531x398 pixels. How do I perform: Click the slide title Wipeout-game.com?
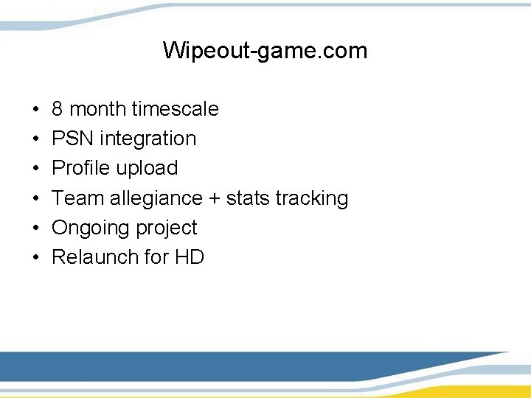(265, 51)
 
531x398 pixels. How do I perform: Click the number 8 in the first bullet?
(58, 109)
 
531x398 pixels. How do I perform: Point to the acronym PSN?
(72, 139)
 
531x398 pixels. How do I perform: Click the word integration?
(147, 139)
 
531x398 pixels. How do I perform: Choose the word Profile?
(80, 168)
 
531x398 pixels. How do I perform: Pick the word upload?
(146, 168)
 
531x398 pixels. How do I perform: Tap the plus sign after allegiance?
(212, 198)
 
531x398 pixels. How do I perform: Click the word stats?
(248, 198)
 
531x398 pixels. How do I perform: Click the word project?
(164, 228)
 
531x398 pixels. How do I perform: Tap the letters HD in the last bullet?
(190, 257)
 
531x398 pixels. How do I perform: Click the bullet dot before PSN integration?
(36, 139)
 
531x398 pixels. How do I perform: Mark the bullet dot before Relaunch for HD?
(36, 258)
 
